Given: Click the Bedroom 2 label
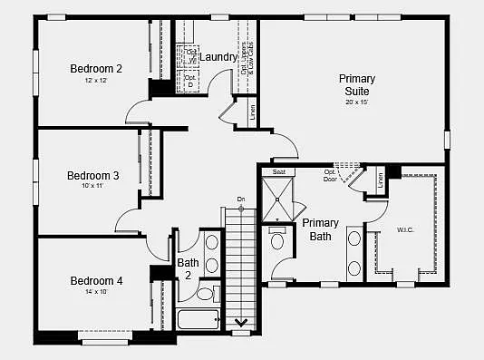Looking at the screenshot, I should pos(96,68).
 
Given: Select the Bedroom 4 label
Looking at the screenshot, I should pos(96,280).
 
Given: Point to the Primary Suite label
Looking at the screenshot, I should pos(357,85).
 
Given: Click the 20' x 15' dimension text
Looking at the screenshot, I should pos(357,102).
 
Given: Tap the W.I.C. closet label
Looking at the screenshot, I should pos(405,229).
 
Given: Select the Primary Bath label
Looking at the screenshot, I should pos(320,229).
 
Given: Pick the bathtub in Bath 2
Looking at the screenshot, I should pos(198,319).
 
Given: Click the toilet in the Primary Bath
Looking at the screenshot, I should pos(278,238).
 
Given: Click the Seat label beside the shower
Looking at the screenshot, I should pos(279,171).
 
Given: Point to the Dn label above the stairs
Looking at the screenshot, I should pos(241,199).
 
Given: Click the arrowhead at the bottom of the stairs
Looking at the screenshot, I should pos(242,321).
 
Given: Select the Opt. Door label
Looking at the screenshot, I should pos(330,175).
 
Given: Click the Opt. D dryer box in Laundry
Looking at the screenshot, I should pos(190,81).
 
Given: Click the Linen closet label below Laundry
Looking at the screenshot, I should pos(252,112).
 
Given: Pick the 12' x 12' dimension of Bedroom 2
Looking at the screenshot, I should pos(96,81).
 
